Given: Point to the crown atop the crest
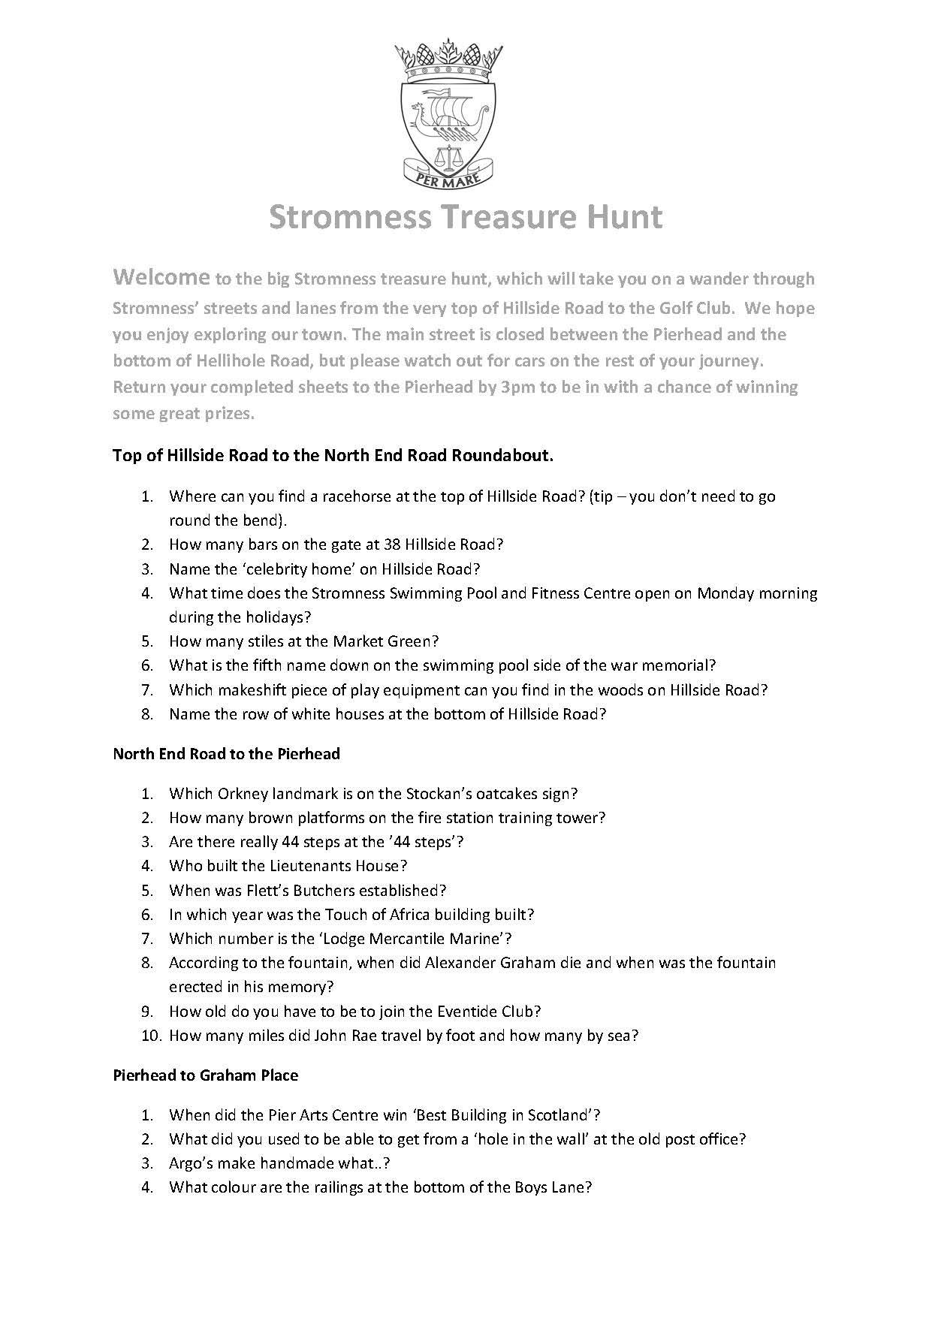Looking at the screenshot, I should [x=448, y=62].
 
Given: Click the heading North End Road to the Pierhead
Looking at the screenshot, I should [x=226, y=753].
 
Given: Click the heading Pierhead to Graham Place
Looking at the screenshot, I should [x=205, y=1075].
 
